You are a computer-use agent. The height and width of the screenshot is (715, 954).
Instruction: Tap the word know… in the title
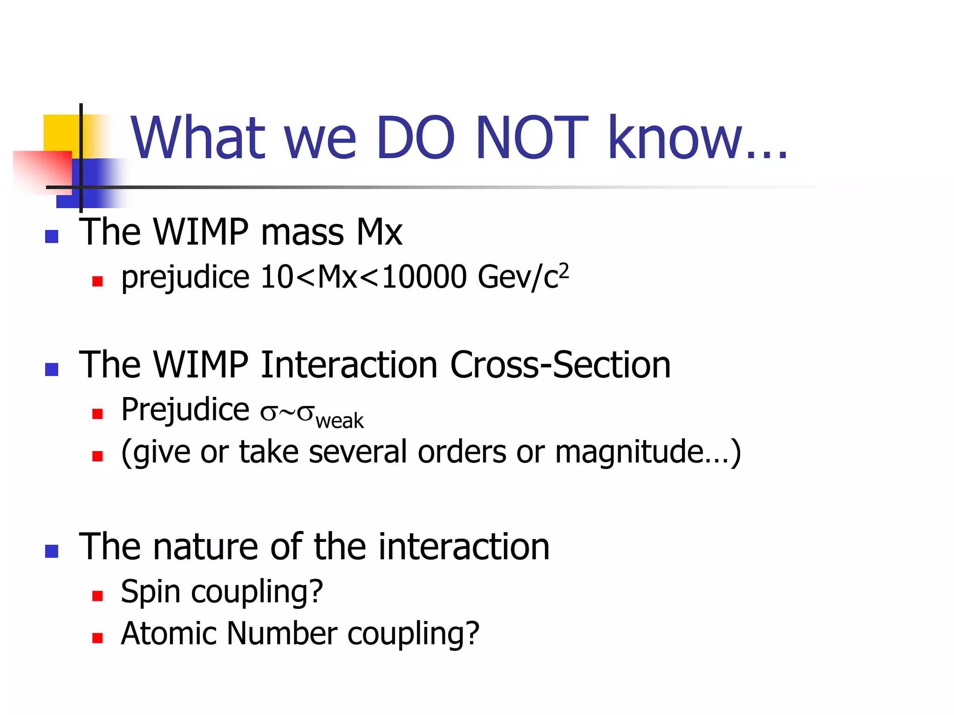pos(697,138)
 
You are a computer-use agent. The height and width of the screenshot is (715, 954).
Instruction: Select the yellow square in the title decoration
pos(61,132)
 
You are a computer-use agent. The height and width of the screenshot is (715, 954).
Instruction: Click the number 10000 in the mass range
pos(424,277)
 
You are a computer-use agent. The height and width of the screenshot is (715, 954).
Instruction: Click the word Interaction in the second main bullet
pos(349,365)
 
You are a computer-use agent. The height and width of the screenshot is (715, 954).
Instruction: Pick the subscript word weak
pos(340,421)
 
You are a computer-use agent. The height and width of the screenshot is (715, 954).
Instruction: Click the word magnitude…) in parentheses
pos(647,452)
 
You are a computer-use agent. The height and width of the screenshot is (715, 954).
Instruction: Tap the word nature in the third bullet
pos(205,547)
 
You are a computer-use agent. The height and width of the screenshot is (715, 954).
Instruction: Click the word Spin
pos(150,593)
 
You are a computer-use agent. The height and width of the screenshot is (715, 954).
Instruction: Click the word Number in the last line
pos(281,634)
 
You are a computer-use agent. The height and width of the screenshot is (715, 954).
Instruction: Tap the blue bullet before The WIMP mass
pos(52,236)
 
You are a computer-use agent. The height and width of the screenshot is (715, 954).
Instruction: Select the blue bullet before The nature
pos(52,551)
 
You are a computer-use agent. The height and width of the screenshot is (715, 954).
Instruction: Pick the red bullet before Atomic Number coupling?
pos(97,638)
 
